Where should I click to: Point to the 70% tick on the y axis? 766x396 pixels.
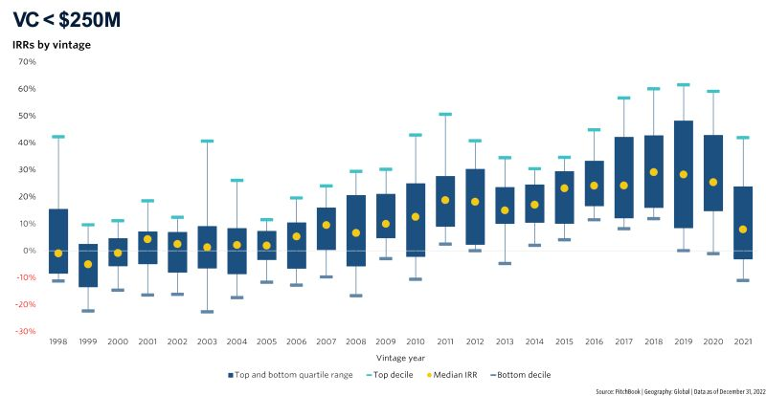click(26, 62)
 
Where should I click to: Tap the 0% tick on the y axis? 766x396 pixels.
click(29, 251)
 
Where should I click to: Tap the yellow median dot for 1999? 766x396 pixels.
click(88, 264)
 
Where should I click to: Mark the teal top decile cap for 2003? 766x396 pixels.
click(206, 142)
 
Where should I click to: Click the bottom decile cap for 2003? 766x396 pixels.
click(206, 312)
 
